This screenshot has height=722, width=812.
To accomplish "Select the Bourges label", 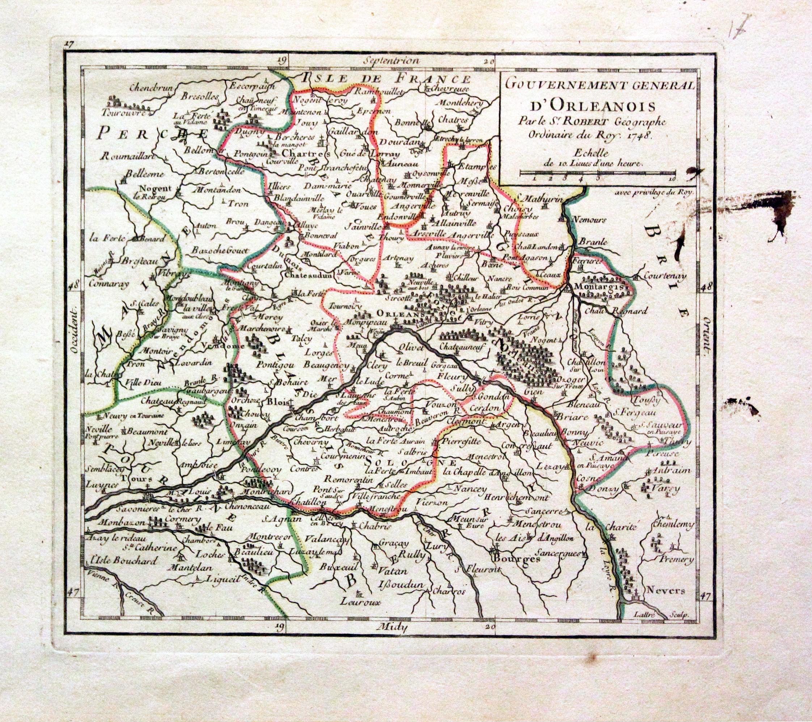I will point(516,559).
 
